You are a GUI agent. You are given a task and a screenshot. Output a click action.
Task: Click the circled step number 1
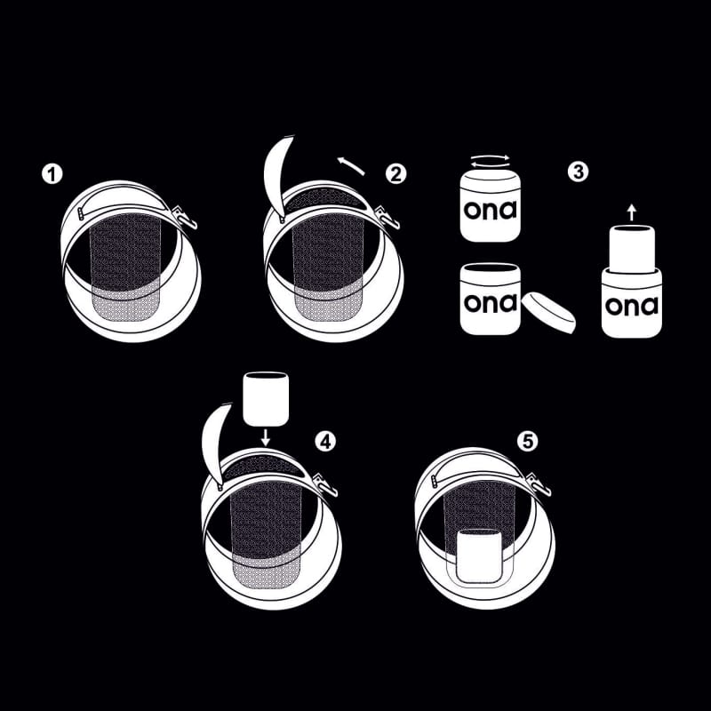(52, 174)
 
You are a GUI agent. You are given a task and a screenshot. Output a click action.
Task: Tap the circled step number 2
(395, 174)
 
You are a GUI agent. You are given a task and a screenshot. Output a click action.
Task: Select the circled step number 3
(579, 172)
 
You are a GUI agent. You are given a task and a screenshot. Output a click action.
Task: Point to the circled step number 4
(325, 441)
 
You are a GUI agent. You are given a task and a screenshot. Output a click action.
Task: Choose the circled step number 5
(528, 441)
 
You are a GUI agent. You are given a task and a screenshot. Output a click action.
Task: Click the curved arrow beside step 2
(350, 165)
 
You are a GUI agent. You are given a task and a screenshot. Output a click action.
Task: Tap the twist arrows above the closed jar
(491, 160)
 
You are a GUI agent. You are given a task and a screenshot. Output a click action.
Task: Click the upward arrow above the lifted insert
(632, 212)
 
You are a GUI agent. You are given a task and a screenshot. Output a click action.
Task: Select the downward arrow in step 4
(266, 437)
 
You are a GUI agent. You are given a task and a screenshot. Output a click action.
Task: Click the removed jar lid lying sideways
(549, 313)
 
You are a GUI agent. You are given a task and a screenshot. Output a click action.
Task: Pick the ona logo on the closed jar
(491, 210)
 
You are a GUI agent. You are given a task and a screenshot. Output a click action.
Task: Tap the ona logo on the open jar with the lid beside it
(491, 303)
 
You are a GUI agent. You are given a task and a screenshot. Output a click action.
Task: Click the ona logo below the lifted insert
(632, 306)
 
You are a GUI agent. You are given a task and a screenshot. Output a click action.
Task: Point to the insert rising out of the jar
(632, 249)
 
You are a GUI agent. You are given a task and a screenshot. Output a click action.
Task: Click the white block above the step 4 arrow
(266, 399)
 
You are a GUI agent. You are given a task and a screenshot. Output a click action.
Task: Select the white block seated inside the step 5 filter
(479, 556)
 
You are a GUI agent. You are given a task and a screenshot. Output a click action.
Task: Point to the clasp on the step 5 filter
(539, 483)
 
